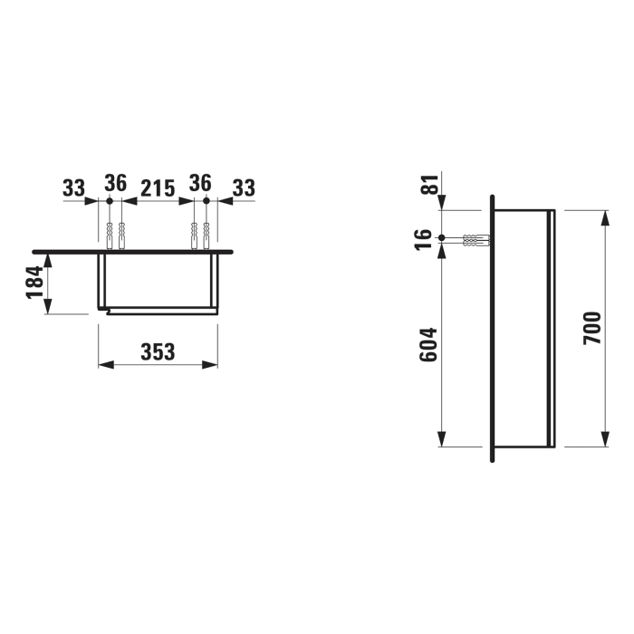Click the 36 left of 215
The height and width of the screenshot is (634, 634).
tap(115, 183)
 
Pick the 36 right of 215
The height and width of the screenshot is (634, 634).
tap(200, 183)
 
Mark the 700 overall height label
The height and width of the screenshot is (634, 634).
tap(592, 327)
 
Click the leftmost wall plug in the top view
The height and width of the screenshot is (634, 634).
tap(109, 235)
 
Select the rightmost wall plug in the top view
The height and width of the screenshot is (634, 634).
tap(207, 235)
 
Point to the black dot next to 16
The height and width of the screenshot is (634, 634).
tap(441, 239)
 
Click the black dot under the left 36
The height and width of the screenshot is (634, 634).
tap(109, 200)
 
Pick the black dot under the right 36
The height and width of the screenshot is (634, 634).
tap(207, 200)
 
